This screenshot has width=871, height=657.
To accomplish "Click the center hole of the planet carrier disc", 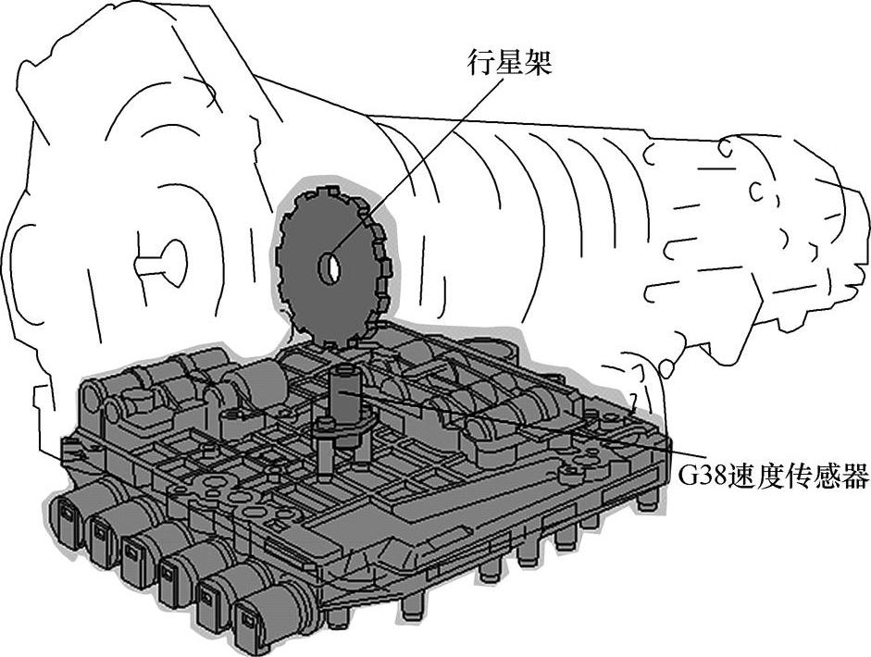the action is coord(330,268).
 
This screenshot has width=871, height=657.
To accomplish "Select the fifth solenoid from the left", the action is coord(215,597).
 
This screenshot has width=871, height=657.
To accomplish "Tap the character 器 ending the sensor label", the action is coord(855,477).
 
